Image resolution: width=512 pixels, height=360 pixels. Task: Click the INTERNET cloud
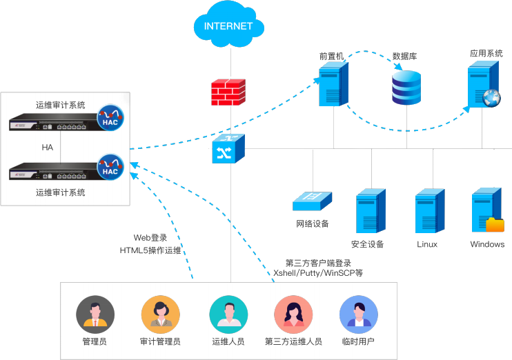pos(228,27)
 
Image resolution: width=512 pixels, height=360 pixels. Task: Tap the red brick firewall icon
pos(228,92)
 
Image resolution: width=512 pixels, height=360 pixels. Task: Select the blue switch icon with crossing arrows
pos(228,148)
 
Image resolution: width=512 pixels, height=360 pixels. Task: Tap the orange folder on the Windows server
pos(495,224)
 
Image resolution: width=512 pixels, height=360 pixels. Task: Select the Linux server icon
pos(428,213)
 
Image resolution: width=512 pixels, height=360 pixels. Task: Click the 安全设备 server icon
pos(370,213)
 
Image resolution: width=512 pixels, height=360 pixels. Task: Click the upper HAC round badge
pos(110,118)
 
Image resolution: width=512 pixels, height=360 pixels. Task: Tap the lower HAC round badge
pos(110,166)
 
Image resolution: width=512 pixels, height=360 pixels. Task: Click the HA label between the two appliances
pos(48,148)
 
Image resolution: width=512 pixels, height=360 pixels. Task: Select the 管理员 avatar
pos(95,315)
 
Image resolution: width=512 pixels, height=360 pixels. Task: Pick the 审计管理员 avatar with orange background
pos(160,315)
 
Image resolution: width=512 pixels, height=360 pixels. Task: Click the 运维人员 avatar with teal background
pos(228,315)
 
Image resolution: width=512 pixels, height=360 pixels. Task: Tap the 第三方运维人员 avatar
pos(293,315)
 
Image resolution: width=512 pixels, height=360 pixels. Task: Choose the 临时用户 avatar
pos(359,315)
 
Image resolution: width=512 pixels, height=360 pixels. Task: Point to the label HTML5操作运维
pos(150,250)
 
